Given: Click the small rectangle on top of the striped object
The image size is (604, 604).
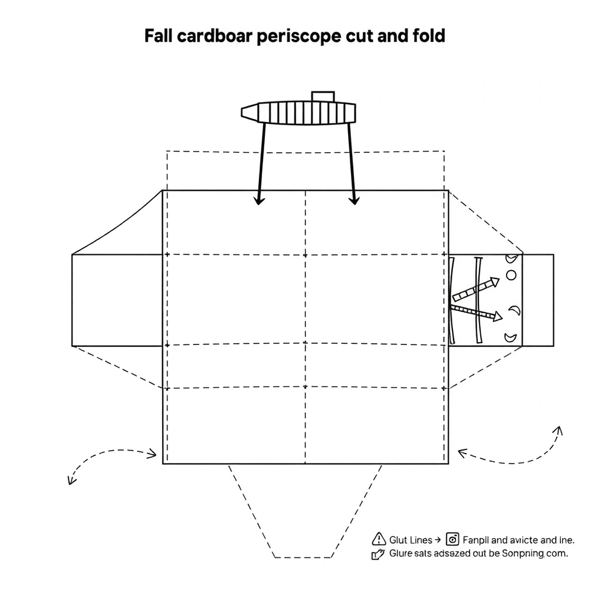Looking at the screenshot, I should click(323, 97).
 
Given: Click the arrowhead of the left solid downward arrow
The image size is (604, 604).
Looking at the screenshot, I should click(258, 201).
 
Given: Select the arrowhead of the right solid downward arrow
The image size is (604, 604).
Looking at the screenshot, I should click(354, 201).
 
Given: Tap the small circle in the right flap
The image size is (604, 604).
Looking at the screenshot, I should click(511, 275).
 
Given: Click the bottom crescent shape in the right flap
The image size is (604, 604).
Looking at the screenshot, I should click(511, 338).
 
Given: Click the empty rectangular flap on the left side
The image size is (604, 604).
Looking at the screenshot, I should click(117, 300).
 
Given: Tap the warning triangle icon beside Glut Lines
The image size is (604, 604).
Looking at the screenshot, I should click(379, 539).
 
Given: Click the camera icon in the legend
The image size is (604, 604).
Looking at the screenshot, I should click(453, 539).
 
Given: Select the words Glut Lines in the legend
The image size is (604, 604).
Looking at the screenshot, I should click(411, 540).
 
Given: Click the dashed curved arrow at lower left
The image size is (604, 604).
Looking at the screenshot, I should click(109, 460).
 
